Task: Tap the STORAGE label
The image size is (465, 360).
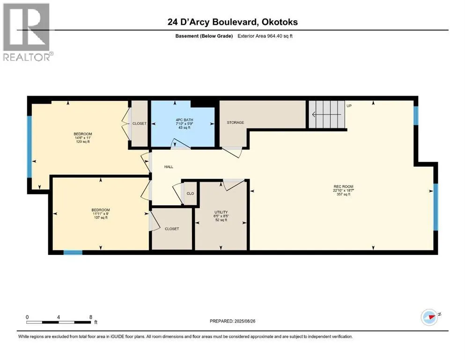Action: tap(236, 122)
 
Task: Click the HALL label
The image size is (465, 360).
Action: tap(169, 167)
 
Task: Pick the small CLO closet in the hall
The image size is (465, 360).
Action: tap(190, 194)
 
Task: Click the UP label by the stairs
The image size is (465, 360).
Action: tap(349, 105)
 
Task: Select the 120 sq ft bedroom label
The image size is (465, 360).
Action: tap(83, 138)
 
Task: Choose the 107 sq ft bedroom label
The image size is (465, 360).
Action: tap(101, 214)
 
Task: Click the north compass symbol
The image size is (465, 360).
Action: tap(430, 317)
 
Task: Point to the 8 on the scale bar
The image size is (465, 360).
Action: tap(91, 317)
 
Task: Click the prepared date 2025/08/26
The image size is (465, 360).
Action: tap(244, 321)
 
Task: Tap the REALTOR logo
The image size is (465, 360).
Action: tap(27, 32)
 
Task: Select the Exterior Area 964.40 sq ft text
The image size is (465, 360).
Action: tap(265, 36)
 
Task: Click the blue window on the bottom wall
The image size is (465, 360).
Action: tap(73, 253)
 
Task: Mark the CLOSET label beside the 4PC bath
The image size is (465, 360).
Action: tap(140, 123)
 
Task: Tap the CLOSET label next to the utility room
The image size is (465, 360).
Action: tap(172, 229)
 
